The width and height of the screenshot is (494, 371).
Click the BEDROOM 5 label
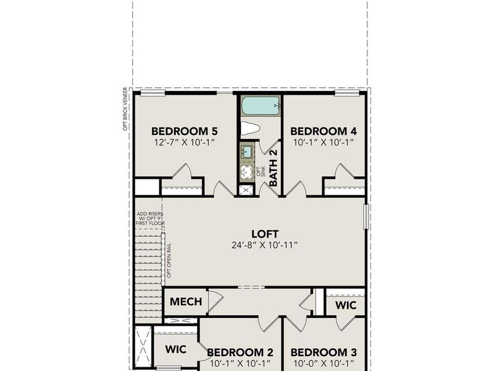click(184, 131)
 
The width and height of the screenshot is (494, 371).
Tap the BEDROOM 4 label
click(324, 131)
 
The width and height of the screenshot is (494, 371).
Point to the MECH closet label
click(186, 302)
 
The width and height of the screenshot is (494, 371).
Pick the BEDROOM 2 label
click(240, 352)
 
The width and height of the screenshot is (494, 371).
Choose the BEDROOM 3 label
click(324, 352)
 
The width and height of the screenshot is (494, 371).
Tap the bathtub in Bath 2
click(260, 106)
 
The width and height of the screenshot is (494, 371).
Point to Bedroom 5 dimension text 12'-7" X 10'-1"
click(184, 143)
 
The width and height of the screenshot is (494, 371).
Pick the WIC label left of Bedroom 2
click(176, 349)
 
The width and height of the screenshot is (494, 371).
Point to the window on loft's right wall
click(366, 216)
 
